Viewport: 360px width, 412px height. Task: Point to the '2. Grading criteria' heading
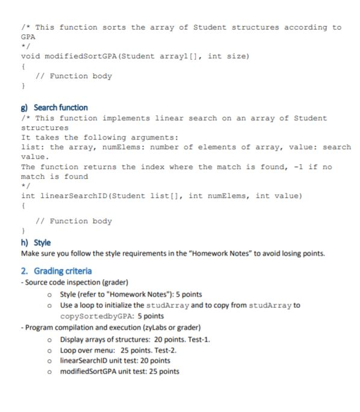56,271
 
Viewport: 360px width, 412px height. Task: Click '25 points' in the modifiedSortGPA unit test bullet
161,371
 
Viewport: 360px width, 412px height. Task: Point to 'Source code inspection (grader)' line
72,283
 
